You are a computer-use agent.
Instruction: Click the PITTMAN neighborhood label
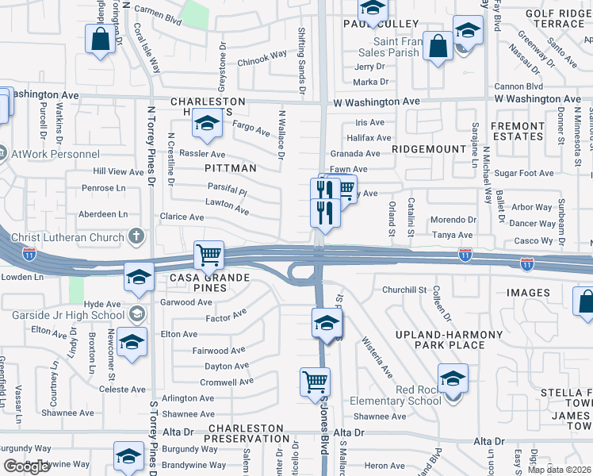click(231, 168)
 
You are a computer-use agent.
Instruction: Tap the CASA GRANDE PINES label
click(209, 283)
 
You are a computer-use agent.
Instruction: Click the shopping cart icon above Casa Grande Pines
click(209, 255)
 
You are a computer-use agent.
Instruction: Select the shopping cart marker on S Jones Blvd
click(315, 382)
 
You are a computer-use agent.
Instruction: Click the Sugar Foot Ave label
click(523, 173)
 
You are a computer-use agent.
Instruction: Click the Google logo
click(26, 466)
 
